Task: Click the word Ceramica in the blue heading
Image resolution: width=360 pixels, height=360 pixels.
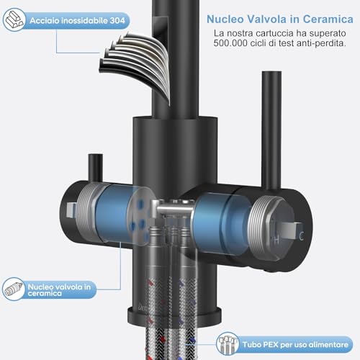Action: [328, 19]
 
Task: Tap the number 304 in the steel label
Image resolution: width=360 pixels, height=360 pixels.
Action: [117, 21]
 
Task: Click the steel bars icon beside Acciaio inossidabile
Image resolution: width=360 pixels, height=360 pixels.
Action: [14, 19]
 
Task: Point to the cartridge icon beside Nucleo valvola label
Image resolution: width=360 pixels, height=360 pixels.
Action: [14, 289]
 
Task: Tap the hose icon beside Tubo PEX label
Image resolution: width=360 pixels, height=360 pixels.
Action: [228, 344]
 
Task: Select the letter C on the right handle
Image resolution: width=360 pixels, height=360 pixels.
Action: [302, 236]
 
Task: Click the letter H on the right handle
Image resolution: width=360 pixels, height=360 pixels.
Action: [276, 240]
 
